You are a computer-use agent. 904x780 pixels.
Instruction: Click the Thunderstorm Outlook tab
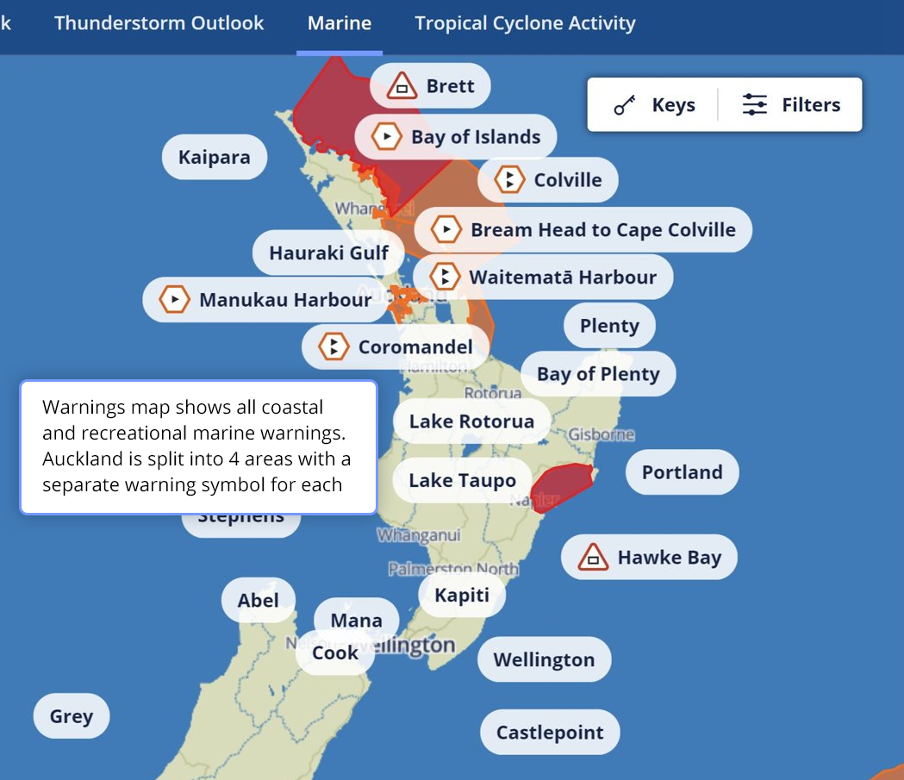coord(159,23)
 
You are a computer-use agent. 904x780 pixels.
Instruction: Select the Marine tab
coord(340,23)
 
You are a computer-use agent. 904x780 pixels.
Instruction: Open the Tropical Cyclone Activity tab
coord(525,23)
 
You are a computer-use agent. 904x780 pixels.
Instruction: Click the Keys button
coord(654,105)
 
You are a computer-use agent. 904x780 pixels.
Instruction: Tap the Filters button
coord(791,105)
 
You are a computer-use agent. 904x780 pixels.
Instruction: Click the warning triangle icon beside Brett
coord(402,86)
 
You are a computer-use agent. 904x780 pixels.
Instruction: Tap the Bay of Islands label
coord(476,137)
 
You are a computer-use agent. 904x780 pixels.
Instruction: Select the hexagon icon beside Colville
coord(510,180)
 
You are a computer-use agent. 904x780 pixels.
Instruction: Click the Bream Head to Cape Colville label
coord(602,230)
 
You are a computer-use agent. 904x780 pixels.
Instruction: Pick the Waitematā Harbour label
coord(562,278)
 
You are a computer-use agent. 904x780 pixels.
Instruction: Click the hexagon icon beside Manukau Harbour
coord(175,300)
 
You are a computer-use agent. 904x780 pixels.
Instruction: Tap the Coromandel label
coord(415,347)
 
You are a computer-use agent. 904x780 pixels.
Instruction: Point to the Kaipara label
coord(215,157)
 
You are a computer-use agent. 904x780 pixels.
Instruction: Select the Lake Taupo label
coord(462,481)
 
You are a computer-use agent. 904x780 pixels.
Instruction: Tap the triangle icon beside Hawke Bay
coord(593,558)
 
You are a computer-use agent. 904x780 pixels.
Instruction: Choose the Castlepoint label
coord(550,733)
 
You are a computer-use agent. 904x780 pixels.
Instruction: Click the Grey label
coord(72,716)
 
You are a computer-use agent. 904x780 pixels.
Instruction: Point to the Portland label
coord(682,472)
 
